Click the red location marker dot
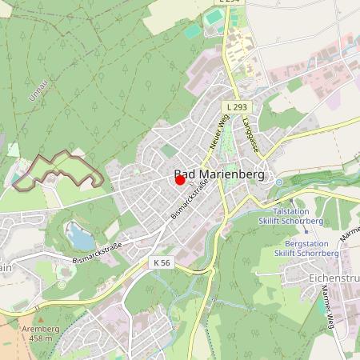tap(180, 180)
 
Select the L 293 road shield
tap(236, 106)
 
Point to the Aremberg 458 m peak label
tap(40, 334)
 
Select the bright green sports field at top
tap(213, 16)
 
